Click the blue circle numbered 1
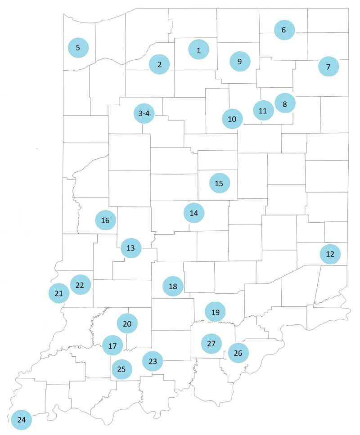pyautogui.click(x=198, y=50)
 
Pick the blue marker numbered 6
pyautogui.click(x=283, y=30)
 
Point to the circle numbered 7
pyautogui.click(x=328, y=67)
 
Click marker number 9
pyautogui.click(x=239, y=62)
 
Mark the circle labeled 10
pyautogui.click(x=232, y=119)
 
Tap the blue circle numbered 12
pyautogui.click(x=330, y=254)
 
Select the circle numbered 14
pyautogui.click(x=194, y=213)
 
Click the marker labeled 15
pyautogui.click(x=219, y=183)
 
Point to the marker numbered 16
pyautogui.click(x=105, y=220)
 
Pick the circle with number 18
pyautogui.click(x=173, y=286)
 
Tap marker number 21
pyautogui.click(x=58, y=293)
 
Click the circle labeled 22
pyautogui.click(x=80, y=285)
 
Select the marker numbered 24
pyautogui.click(x=21, y=420)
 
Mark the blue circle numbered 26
pyautogui.click(x=238, y=353)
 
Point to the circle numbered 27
pyautogui.click(x=211, y=343)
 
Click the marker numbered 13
pyautogui.click(x=130, y=248)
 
